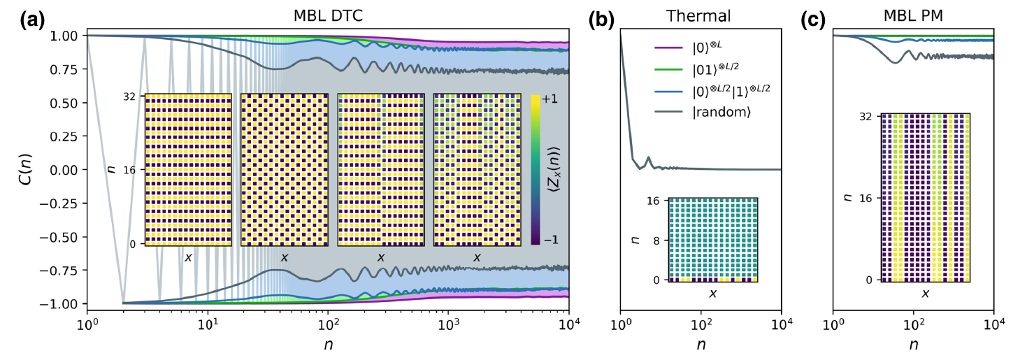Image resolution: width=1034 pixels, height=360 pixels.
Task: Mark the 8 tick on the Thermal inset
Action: point(657,239)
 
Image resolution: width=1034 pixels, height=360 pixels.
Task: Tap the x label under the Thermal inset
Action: point(712,294)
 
